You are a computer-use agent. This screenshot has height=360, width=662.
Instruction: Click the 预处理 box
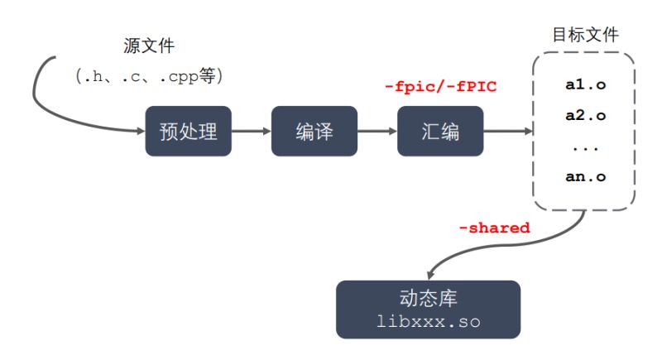[188, 131]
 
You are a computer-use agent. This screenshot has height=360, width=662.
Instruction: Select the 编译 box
[314, 131]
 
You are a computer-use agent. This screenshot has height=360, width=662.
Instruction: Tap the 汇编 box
[439, 131]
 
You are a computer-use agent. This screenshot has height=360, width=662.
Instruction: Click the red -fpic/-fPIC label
[441, 86]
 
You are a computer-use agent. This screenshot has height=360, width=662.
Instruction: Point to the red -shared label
[494, 228]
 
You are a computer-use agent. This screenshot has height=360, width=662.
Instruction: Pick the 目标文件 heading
[585, 35]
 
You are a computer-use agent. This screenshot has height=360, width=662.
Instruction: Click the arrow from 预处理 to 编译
[251, 131]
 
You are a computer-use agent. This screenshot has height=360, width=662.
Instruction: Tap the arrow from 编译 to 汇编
[377, 131]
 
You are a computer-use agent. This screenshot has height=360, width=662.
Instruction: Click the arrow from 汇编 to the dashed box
[505, 131]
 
